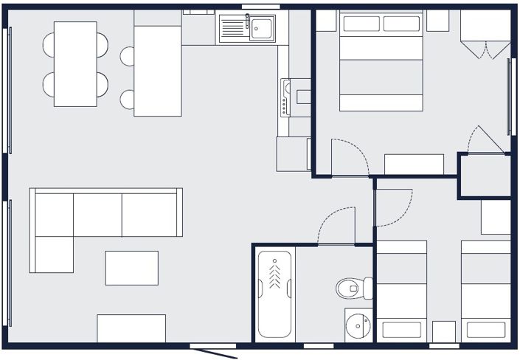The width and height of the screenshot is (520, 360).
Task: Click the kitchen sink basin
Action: pyautogui.click(x=263, y=29)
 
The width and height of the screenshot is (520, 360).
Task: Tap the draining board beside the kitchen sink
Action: pyautogui.click(x=232, y=29)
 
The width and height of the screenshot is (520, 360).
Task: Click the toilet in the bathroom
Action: pyautogui.click(x=355, y=288)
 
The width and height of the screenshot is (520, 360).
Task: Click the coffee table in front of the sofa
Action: pyautogui.click(x=131, y=268)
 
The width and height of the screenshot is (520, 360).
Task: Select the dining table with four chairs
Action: pyautogui.click(x=76, y=63)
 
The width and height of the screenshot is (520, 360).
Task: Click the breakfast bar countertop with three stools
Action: pyautogui.click(x=157, y=70)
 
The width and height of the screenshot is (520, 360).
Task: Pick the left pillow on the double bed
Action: pyautogui.click(x=361, y=24)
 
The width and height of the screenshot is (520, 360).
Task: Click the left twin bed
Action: pyautogui.click(x=402, y=291)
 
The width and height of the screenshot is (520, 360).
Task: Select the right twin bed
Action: pyautogui.click(x=486, y=291)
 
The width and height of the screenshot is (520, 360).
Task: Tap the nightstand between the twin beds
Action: pyautogui.click(x=444, y=331)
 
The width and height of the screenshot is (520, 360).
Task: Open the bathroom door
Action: pyautogui.click(x=336, y=225)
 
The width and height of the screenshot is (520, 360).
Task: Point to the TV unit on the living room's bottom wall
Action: pyautogui.click(x=131, y=328)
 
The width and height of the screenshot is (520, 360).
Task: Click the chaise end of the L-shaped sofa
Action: pyautogui.click(x=52, y=253)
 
